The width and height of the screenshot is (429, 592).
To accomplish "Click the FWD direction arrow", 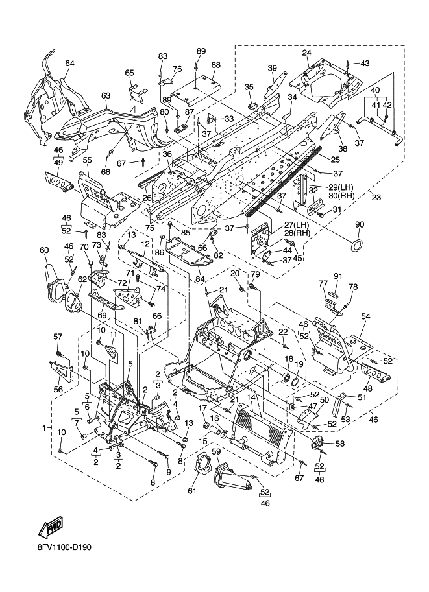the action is (50, 527).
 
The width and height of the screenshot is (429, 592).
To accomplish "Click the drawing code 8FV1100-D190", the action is (64, 547).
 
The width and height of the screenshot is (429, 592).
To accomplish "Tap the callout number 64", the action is (69, 64).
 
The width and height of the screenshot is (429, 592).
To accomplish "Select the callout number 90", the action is (359, 224).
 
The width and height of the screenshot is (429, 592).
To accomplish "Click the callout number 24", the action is (306, 53).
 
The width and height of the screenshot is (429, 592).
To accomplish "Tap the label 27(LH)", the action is (292, 226).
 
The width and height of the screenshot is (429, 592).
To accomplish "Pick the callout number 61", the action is (192, 490).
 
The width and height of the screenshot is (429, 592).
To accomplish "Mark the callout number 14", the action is (251, 397).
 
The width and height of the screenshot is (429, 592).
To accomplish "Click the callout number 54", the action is (365, 316).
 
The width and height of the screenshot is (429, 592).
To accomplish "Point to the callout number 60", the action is (44, 250).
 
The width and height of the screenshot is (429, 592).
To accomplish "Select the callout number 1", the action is (45, 428).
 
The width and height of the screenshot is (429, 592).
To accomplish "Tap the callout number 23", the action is (376, 196).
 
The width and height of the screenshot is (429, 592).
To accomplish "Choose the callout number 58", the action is (340, 444).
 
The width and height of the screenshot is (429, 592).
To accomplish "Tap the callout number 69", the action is (103, 314).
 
